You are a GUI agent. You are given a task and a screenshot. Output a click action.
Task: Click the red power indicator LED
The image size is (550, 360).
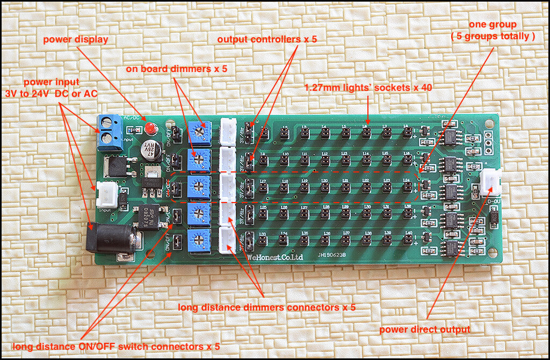coord(150,129)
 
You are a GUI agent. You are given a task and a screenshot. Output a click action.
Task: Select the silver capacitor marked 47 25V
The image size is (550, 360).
coord(150,151)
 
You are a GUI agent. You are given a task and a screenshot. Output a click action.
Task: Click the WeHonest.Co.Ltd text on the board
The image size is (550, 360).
coord(274,257)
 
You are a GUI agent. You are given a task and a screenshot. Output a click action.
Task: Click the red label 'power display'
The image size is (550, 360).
coord(76,39)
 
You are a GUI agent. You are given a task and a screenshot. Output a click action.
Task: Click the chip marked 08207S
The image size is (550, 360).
coord(146,217)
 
